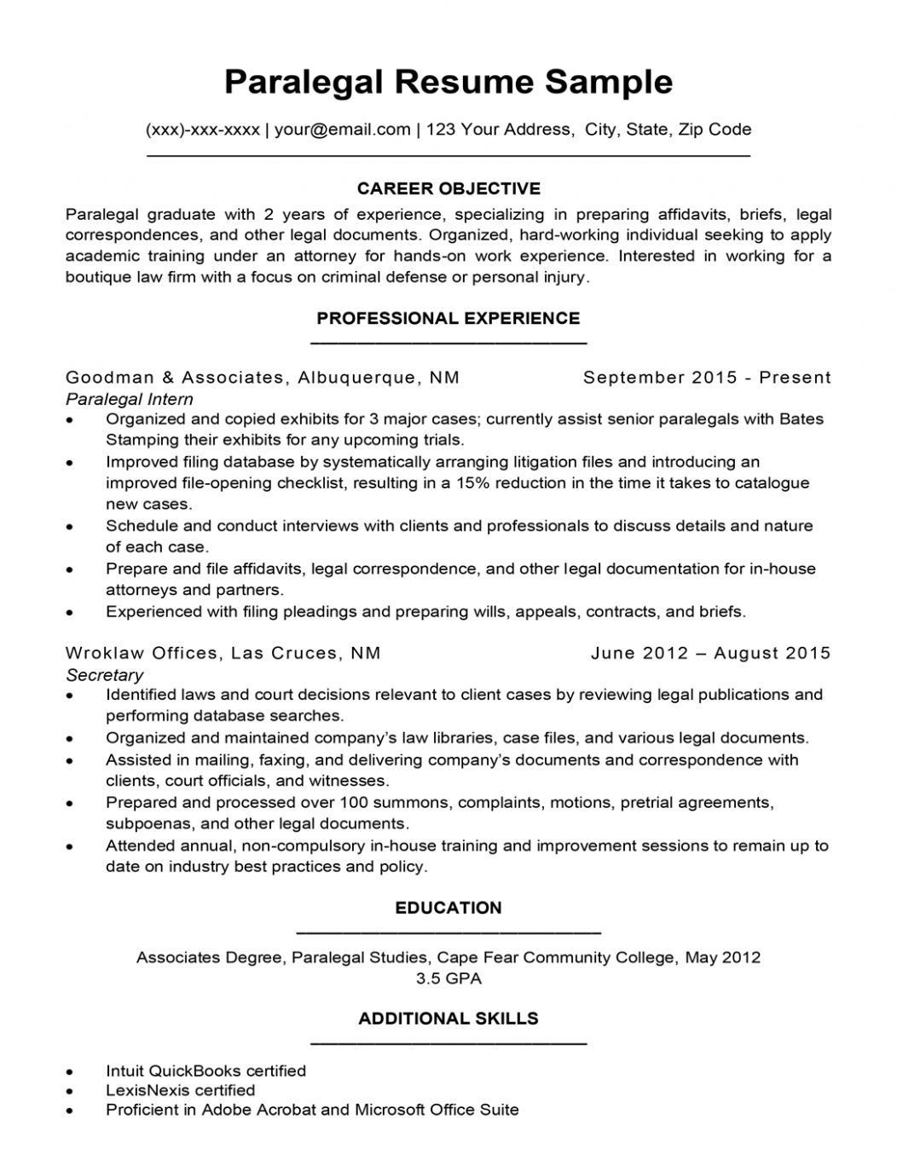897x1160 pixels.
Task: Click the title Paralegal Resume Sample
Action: pyautogui.click(x=448, y=82)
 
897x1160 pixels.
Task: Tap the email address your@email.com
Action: pyautogui.click(x=343, y=130)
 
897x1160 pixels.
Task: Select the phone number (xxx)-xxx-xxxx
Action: pyautogui.click(x=203, y=130)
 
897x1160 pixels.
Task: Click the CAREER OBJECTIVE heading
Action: pyautogui.click(x=448, y=188)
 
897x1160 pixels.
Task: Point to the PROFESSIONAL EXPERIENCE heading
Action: pyautogui.click(x=448, y=319)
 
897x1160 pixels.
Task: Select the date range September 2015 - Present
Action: pyautogui.click(x=707, y=378)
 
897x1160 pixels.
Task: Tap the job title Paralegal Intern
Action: pyautogui.click(x=130, y=399)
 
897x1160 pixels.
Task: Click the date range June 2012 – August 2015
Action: pyautogui.click(x=710, y=654)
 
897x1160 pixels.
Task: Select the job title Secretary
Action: pyautogui.click(x=105, y=675)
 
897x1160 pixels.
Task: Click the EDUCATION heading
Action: pyautogui.click(x=448, y=909)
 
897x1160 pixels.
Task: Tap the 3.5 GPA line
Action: pyautogui.click(x=448, y=978)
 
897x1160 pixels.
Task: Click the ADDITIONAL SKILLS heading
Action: pyautogui.click(x=448, y=1019)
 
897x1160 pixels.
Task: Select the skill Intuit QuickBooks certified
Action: pyautogui.click(x=205, y=1071)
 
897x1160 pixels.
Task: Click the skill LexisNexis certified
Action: pyautogui.click(x=180, y=1090)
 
